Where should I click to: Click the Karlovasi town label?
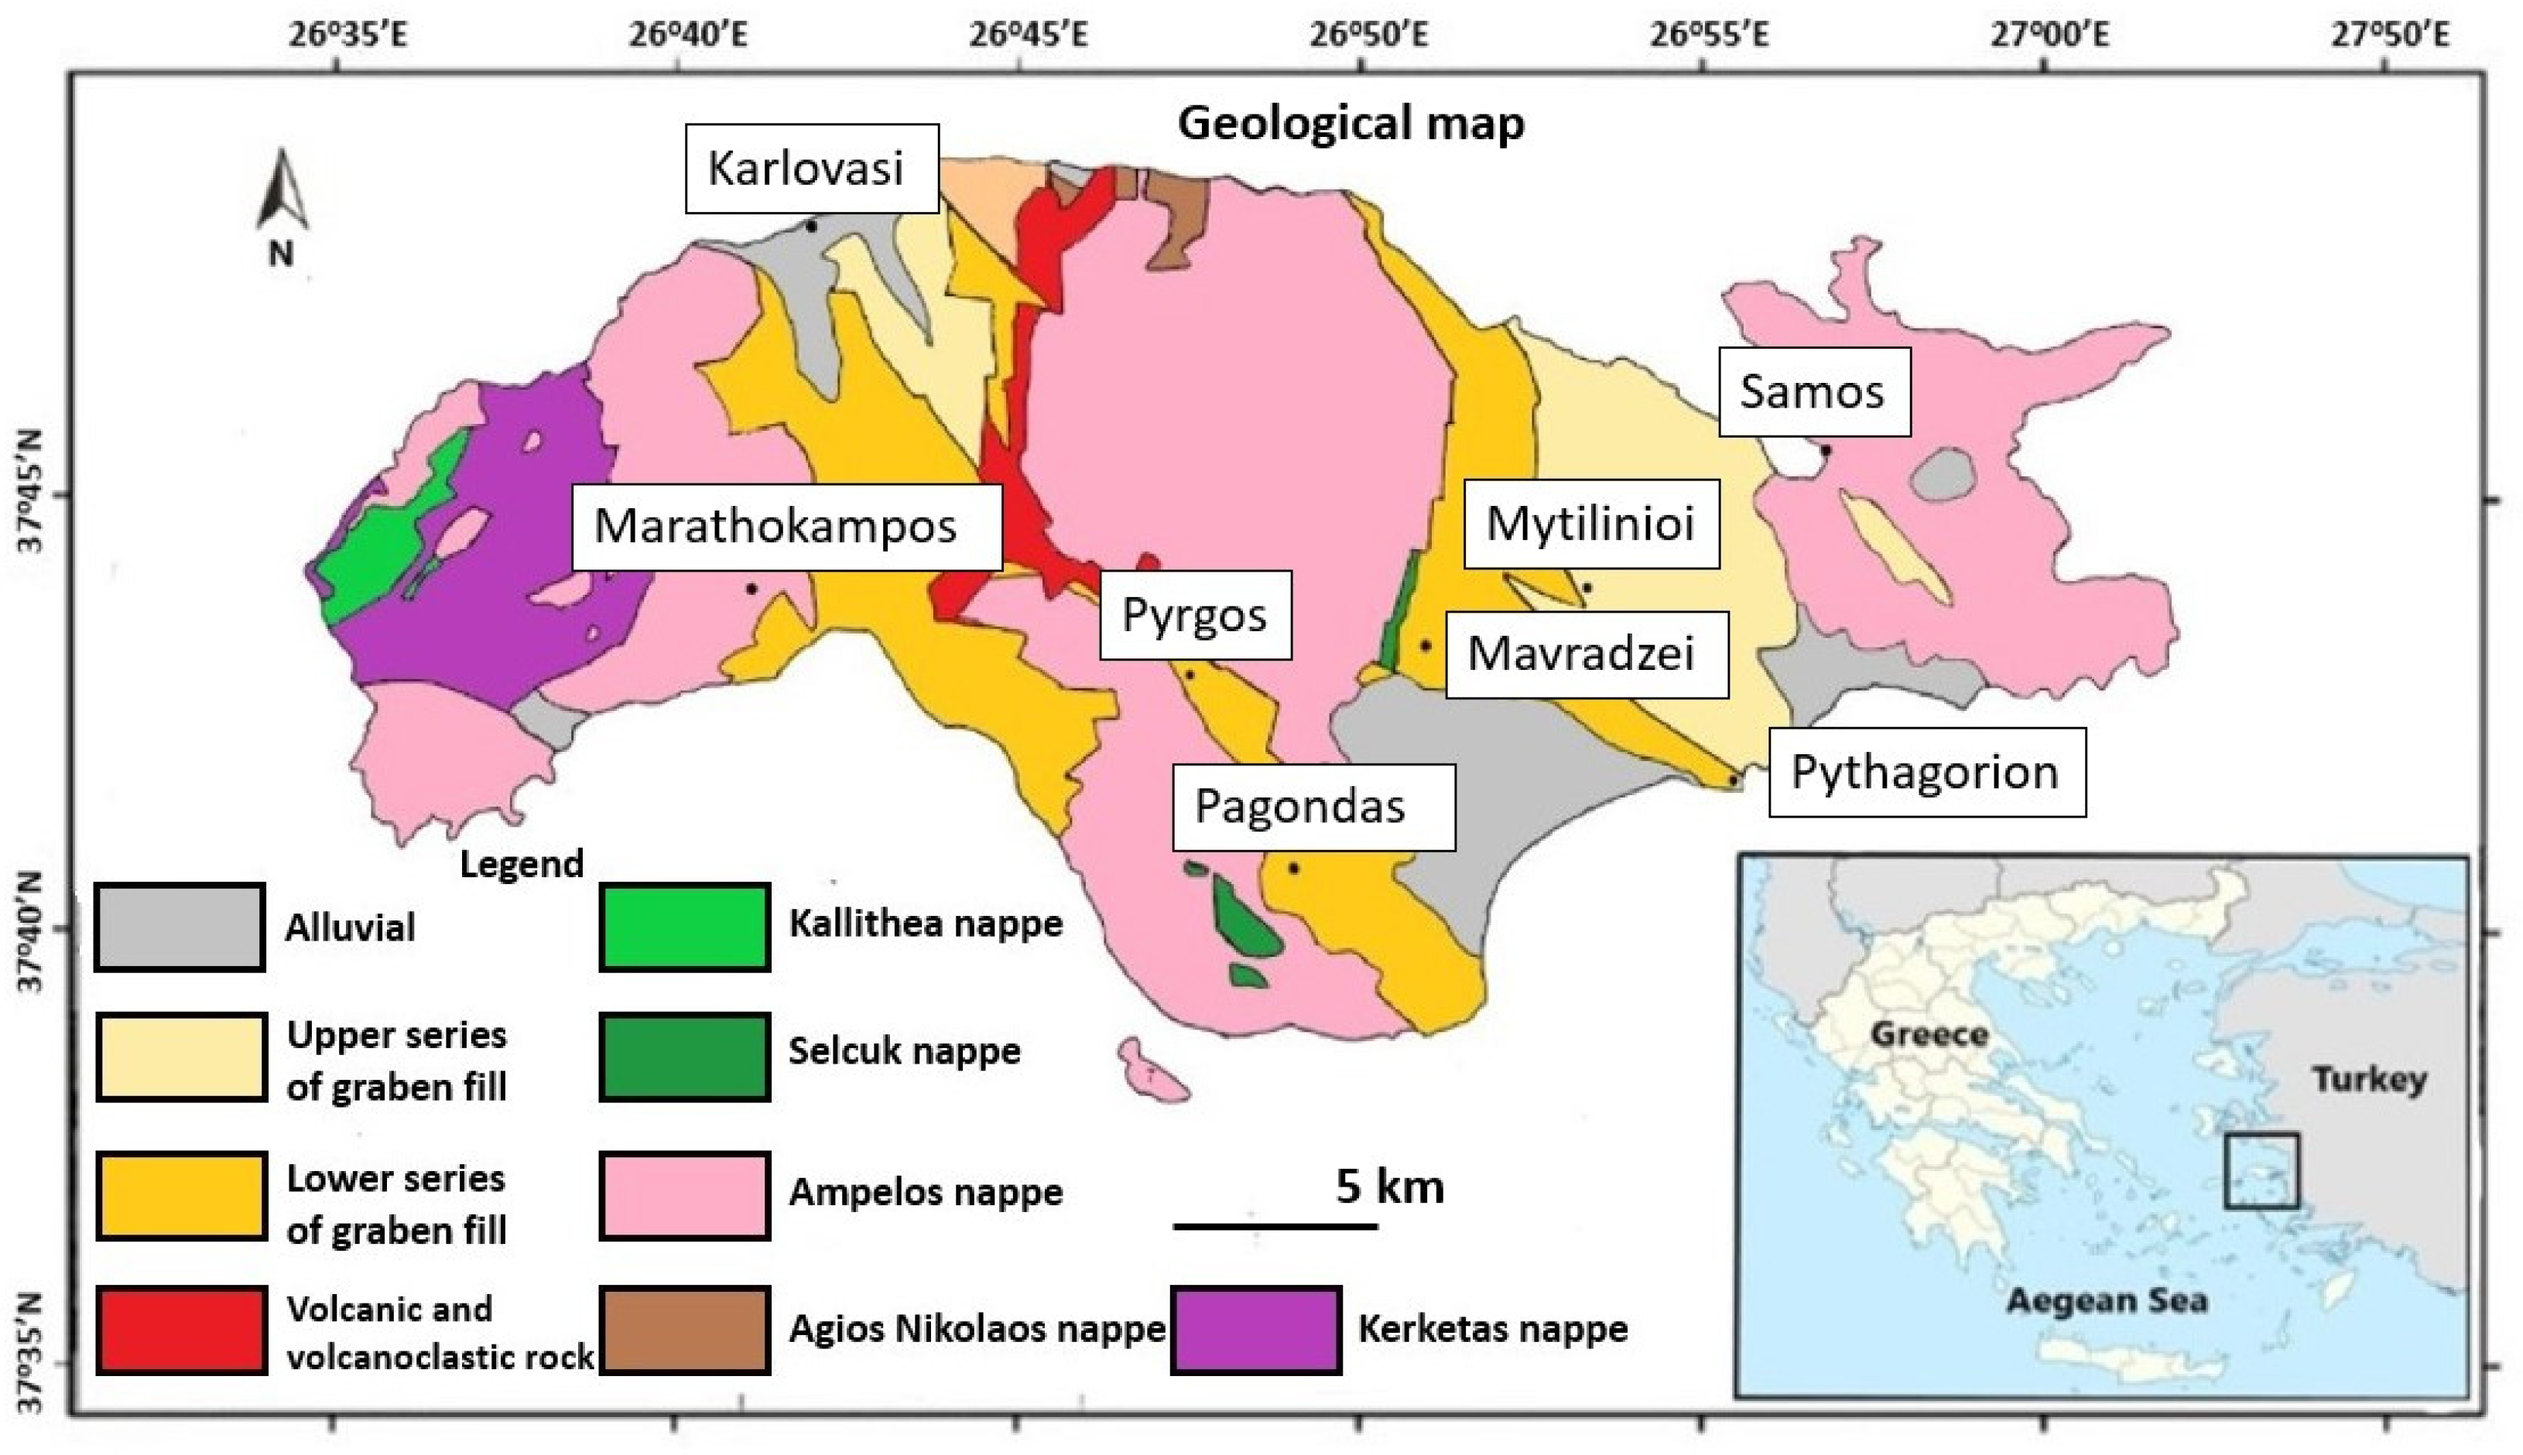[810, 168]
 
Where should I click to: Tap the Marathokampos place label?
[786, 527]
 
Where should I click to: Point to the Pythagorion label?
[1926, 773]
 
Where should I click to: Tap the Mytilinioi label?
[1590, 524]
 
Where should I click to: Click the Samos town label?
[1813, 391]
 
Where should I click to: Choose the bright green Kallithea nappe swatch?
[685, 927]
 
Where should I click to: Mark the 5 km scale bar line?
[1275, 1225]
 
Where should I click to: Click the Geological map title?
[1351, 124]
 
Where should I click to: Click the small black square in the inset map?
[2262, 1170]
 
